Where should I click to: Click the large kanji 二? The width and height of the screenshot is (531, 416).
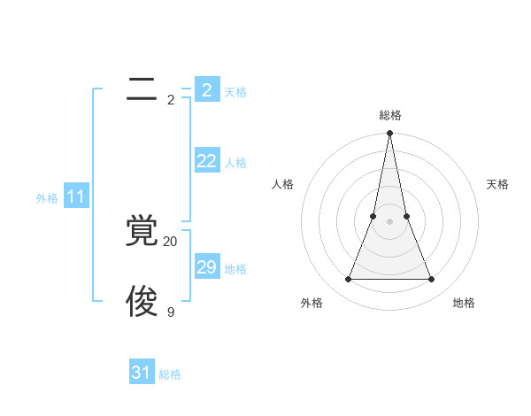[x=142, y=89]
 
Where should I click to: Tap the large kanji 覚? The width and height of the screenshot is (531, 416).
[x=142, y=230]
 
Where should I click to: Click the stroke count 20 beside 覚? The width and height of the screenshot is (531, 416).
[x=170, y=242]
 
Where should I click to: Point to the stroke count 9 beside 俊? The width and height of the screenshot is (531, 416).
[x=170, y=312]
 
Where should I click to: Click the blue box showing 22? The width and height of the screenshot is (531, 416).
[x=207, y=160]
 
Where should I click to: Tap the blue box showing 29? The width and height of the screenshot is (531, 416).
[x=207, y=266]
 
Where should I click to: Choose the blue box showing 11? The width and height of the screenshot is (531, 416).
[x=76, y=196]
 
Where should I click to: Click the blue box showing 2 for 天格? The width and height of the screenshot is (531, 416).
[x=207, y=89]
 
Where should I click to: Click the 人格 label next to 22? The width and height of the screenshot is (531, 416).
[x=235, y=163]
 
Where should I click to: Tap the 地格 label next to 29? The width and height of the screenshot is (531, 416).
[x=235, y=269]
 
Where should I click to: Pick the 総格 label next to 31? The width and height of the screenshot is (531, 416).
[x=170, y=375]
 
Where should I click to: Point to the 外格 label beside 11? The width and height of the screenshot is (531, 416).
[x=47, y=199]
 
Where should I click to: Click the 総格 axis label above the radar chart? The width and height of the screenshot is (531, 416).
[x=390, y=115]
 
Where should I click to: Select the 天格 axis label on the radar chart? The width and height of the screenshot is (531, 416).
[x=497, y=184]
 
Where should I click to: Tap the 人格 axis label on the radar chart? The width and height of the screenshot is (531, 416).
[x=282, y=184]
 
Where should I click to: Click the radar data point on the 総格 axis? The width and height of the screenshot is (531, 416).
[x=389, y=134]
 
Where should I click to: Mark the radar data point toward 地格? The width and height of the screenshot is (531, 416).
[x=431, y=280]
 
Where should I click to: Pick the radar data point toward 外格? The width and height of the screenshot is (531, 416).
[x=348, y=280]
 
